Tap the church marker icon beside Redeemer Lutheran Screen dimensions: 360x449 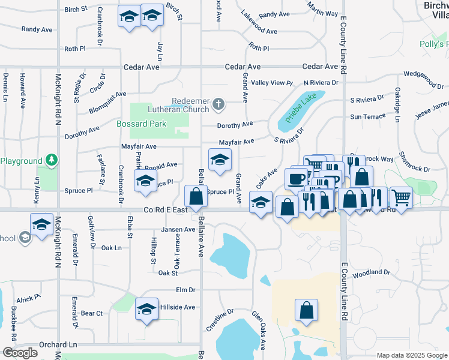219,104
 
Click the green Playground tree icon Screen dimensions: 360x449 52,160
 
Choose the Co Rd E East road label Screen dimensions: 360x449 165,210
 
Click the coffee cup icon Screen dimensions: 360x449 295,178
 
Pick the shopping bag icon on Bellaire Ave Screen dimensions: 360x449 196,196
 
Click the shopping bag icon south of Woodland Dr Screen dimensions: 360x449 306,310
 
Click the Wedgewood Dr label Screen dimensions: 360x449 423,75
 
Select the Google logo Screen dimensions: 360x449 20,353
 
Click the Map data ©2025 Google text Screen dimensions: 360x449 411,355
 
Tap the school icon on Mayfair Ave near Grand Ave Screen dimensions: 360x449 220,160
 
